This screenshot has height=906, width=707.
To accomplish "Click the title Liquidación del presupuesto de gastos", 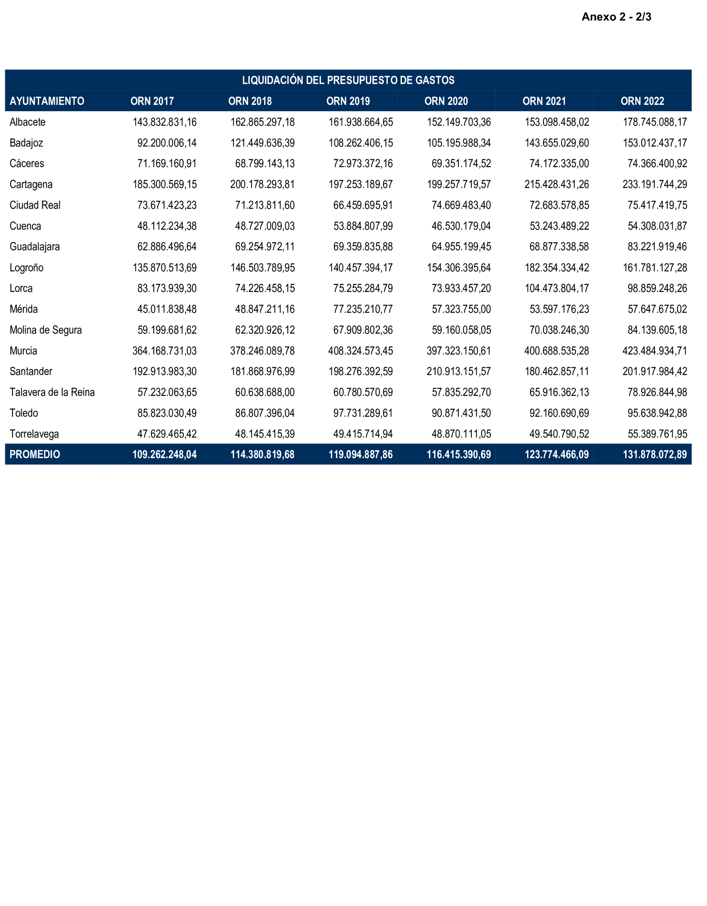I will tap(348, 80).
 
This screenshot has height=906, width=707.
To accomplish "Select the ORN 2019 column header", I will tap(348, 101).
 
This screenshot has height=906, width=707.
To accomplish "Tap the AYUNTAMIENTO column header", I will tap(47, 101).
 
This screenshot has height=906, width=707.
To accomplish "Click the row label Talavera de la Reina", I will tap(52, 392).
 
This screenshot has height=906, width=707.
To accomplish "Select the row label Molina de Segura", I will tap(46, 330).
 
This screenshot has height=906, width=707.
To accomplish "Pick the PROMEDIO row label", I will tap(35, 454).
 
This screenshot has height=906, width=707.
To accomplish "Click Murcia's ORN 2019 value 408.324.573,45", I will tap(360, 351).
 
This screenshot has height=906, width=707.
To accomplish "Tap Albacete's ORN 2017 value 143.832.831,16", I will tap(165, 122).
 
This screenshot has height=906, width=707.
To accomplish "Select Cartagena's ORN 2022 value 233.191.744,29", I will tap(654, 184).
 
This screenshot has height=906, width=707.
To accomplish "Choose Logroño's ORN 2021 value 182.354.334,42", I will tap(557, 268).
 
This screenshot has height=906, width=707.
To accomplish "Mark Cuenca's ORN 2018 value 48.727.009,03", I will tap(265, 226).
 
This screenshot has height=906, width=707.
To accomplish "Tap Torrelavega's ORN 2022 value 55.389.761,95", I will tap(657, 434).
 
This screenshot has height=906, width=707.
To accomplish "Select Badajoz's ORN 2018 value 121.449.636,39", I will tap(262, 143).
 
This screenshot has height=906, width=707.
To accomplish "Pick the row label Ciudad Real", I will tap(35, 205).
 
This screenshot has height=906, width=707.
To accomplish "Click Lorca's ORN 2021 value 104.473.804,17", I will tap(557, 288).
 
